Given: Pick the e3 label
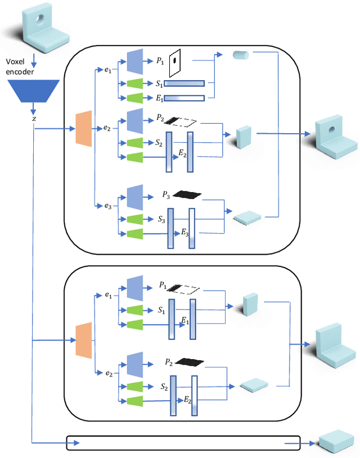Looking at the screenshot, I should pyautogui.click(x=108, y=206).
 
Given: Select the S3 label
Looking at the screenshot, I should pyautogui.click(x=160, y=219).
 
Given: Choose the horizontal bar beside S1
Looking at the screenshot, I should pyautogui.click(x=184, y=84).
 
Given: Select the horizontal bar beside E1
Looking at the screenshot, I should pyautogui.click(x=184, y=98).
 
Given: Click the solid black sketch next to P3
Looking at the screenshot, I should pyautogui.click(x=187, y=194).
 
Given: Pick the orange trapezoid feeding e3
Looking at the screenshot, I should pyautogui.click(x=83, y=129).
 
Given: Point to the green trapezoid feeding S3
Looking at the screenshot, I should pyautogui.click(x=134, y=219).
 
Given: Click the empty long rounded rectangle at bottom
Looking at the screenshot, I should pyautogui.click(x=183, y=443).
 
